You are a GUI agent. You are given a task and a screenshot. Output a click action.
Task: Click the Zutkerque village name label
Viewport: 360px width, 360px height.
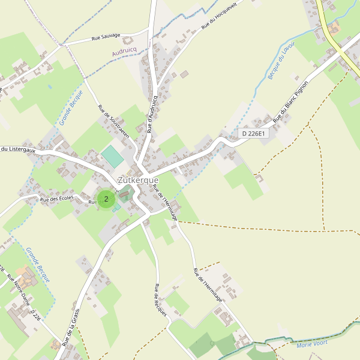tap(138, 180)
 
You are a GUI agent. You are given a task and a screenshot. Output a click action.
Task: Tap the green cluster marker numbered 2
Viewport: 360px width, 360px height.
tap(106, 199)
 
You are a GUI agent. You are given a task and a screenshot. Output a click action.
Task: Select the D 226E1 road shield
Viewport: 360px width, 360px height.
tap(253, 133)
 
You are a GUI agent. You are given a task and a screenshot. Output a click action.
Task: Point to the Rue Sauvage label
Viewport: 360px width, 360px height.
tap(104, 38)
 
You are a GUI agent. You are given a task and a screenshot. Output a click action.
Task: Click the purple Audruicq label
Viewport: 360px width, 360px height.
tap(125, 53)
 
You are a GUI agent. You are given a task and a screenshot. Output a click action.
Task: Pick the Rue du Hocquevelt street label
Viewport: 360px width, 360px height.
tap(220, 15)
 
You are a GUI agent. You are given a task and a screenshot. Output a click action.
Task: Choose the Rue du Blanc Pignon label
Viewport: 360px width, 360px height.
tap(290, 102)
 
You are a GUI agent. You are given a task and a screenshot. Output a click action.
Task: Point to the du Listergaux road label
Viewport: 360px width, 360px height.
tap(18, 150)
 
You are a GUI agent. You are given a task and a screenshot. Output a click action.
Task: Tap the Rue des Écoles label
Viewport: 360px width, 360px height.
tap(56, 198)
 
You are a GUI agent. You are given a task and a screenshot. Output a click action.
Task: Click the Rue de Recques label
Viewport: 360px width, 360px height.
tap(160, 299)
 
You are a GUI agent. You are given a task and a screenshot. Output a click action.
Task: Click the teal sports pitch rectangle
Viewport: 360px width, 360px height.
tap(112, 157)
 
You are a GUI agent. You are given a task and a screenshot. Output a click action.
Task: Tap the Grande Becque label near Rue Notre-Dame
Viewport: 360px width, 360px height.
tap(38, 265)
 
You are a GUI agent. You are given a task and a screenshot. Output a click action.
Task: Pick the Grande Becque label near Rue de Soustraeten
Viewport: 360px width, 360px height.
tap(70, 107)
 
